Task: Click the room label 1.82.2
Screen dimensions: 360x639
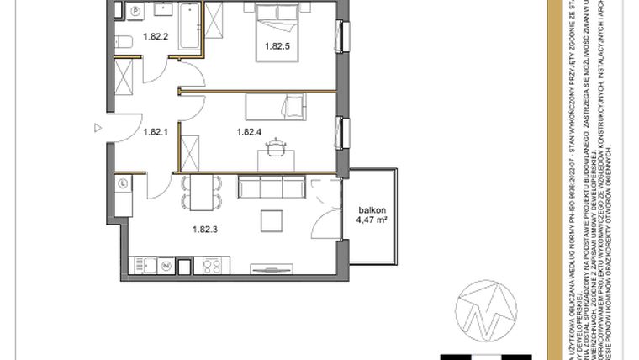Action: (x=156, y=36)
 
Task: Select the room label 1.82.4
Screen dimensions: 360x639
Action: (x=250, y=131)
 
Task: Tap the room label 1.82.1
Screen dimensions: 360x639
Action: (x=156, y=131)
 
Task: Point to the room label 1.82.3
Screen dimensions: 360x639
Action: (x=204, y=227)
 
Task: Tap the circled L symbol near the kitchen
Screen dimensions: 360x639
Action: (x=123, y=182)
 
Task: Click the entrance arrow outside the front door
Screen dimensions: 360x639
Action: (x=98, y=128)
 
